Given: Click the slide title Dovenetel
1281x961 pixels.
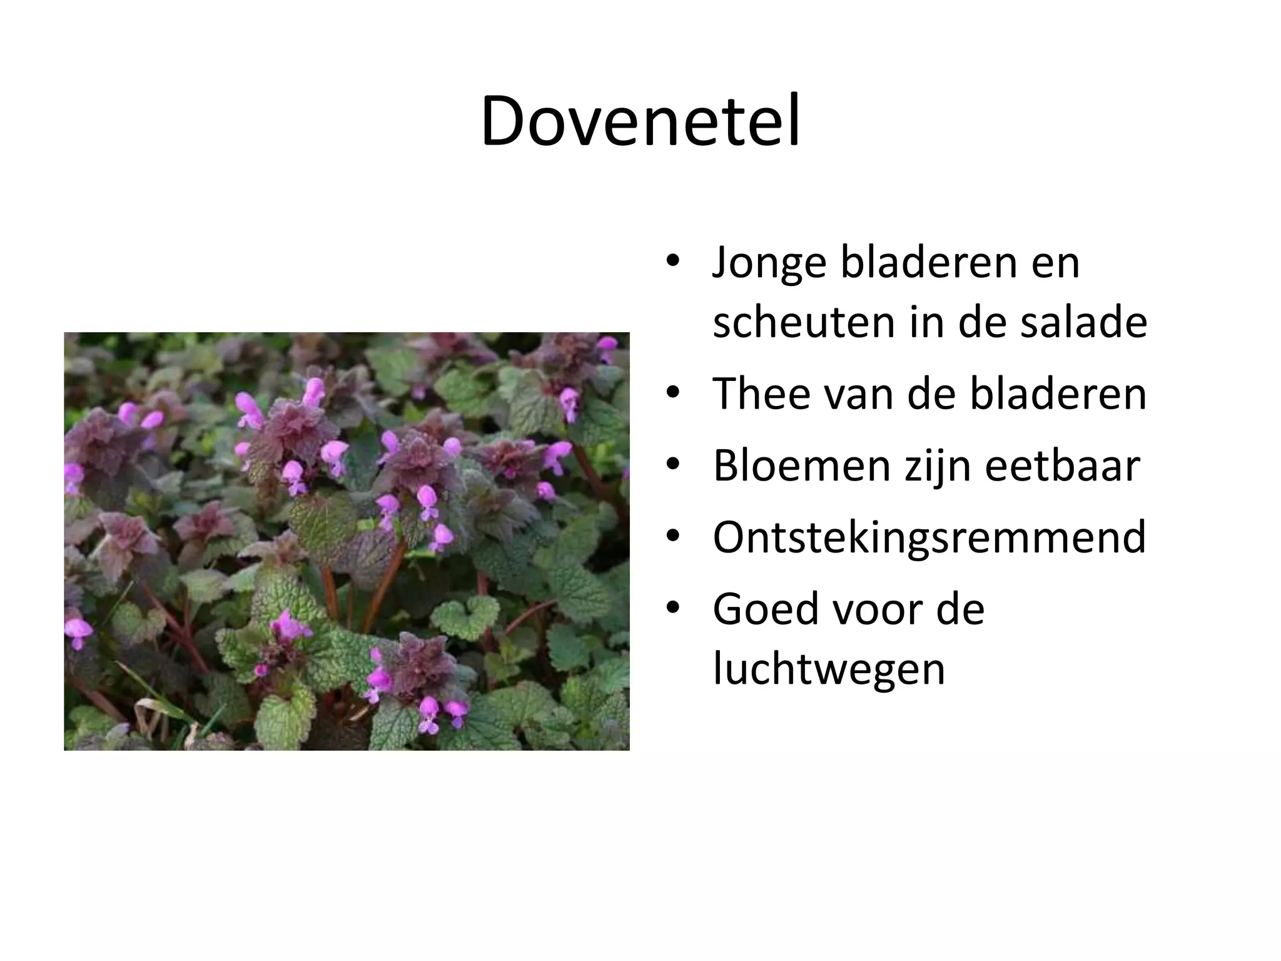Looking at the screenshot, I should pyautogui.click(x=640, y=122).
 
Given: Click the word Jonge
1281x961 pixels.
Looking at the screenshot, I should pyautogui.click(x=769, y=263).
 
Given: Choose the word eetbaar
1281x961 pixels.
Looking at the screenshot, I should pyautogui.click(x=1063, y=465).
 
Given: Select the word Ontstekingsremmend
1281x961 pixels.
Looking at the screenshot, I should pyautogui.click(x=929, y=537).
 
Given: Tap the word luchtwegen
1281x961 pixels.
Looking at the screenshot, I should pyautogui.click(x=829, y=669).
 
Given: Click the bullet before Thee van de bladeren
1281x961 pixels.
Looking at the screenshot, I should pyautogui.click(x=673, y=394).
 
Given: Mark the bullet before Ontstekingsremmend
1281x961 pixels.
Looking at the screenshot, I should pyautogui.click(x=673, y=537).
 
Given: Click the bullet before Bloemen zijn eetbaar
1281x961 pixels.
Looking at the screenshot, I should pyautogui.click(x=673, y=465).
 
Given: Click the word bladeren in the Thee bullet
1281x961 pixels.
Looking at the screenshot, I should pyautogui.click(x=1058, y=394).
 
